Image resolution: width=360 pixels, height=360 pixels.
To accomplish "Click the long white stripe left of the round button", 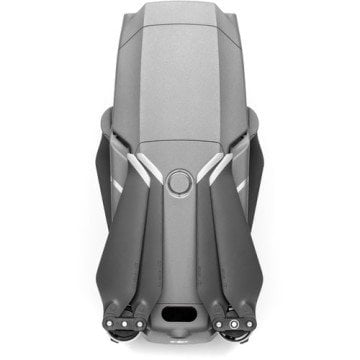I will click(149, 171).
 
